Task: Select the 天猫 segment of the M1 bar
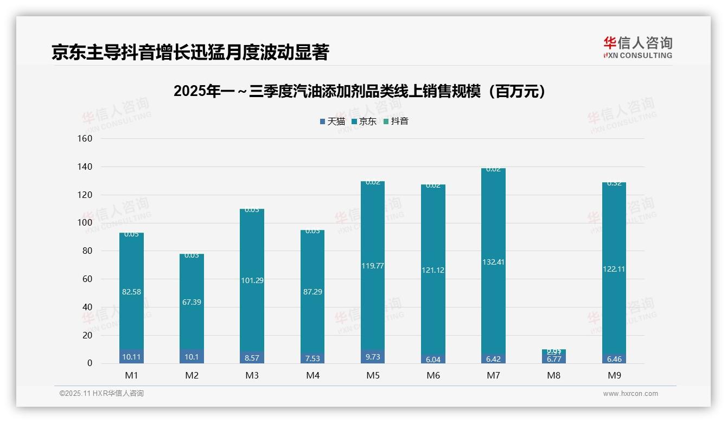(131, 357)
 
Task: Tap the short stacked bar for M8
(553, 356)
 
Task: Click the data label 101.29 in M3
(252, 280)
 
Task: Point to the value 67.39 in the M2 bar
(192, 302)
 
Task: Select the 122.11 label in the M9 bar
(614, 269)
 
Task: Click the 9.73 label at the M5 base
(372, 357)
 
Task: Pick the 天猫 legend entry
(332, 121)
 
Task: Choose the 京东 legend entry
(364, 121)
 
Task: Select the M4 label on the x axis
(313, 375)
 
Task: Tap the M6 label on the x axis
(433, 375)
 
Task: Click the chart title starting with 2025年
(359, 92)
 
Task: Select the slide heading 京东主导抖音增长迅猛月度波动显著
(190, 52)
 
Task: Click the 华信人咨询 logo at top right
(637, 47)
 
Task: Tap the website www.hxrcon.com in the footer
(630, 394)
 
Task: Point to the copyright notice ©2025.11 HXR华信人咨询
(101, 394)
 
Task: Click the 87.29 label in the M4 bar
(313, 292)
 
